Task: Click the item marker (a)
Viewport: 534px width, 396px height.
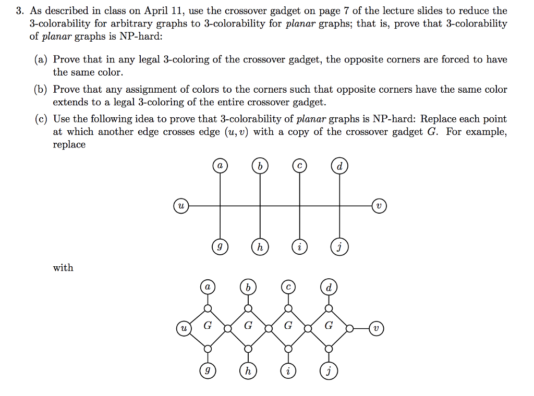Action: pos(41,59)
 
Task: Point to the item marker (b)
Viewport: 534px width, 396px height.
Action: pos(41,90)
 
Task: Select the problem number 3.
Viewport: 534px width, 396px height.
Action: pos(18,11)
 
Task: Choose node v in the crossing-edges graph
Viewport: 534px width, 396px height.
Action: pos(380,206)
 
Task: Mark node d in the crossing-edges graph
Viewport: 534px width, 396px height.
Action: pos(339,167)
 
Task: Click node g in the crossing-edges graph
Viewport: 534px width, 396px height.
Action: pos(220,247)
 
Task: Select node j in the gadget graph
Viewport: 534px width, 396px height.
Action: pos(328,371)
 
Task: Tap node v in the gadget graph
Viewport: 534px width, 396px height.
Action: pos(378,329)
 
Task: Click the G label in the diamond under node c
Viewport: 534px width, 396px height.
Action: pos(288,326)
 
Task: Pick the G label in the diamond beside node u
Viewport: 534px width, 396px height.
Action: pos(208,326)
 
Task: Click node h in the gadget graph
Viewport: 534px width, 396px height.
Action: pos(248,371)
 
